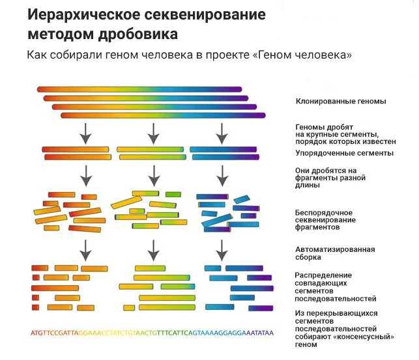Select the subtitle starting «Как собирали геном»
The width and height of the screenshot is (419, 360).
tap(190, 55)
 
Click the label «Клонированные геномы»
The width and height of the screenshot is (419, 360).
tap(340, 101)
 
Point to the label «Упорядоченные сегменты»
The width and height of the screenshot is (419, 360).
tap(344, 153)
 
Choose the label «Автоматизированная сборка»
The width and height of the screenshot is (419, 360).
tap(335, 253)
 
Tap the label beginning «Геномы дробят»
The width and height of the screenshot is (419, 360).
tap(345, 134)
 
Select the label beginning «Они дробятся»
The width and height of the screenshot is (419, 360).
tap(330, 178)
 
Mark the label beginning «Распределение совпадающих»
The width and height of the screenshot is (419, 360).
tap(336, 287)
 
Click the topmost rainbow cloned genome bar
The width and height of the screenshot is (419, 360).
tap(139, 89)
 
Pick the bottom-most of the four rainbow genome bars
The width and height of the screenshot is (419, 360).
tap(163, 115)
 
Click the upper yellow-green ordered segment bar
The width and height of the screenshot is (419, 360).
tap(151, 149)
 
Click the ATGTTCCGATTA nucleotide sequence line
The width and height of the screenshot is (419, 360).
tap(152, 333)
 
